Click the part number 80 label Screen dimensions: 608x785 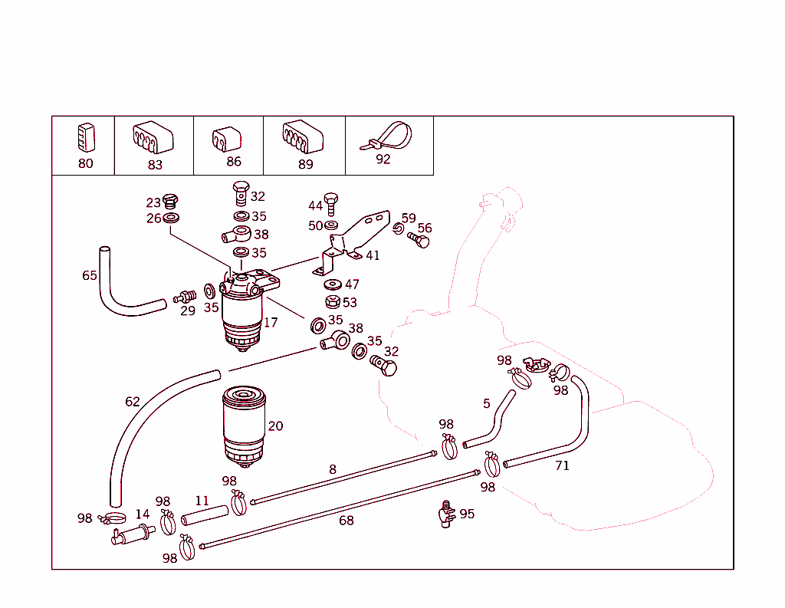click(85, 163)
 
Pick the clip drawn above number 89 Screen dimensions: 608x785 click(302, 137)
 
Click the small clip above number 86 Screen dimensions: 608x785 click(226, 138)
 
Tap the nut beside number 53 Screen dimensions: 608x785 click(332, 302)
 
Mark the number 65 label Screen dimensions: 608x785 click(90, 275)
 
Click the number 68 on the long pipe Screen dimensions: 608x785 click(347, 521)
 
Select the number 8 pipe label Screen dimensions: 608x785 click(332, 468)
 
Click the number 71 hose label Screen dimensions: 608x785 click(562, 465)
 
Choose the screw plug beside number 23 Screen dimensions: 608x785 click(170, 202)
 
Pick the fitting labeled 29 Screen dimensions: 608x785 click(185, 297)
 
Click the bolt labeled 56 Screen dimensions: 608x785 click(420, 240)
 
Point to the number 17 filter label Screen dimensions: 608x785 click(271, 322)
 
